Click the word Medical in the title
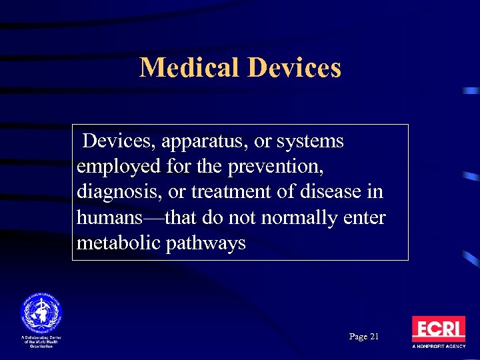[x=189, y=67]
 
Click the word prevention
[x=279, y=167]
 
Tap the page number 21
[x=373, y=337]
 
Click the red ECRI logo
[x=438, y=329]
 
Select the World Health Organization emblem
[x=41, y=313]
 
